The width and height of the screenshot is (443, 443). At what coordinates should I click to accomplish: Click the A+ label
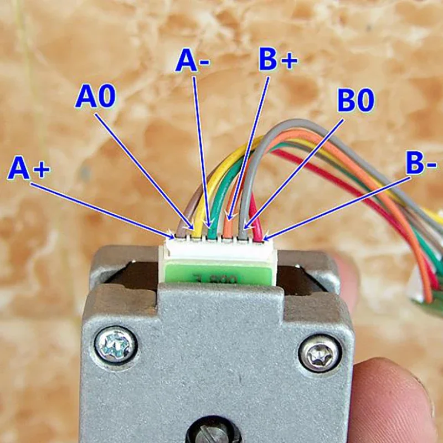pyautogui.click(x=29, y=169)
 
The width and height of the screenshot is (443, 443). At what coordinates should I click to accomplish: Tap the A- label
pyautogui.click(x=192, y=61)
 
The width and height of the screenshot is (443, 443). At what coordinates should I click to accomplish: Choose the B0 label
pyautogui.click(x=356, y=101)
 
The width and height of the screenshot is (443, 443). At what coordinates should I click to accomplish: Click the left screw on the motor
pyautogui.click(x=115, y=346)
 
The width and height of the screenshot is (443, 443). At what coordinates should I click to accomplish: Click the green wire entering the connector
pyautogui.click(x=213, y=221)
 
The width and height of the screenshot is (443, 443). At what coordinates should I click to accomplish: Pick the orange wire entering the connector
pyautogui.click(x=228, y=224)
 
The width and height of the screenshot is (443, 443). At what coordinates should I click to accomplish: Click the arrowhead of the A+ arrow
pyautogui.click(x=171, y=235)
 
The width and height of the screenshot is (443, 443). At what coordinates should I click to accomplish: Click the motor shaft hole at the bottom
pyautogui.click(x=217, y=432)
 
